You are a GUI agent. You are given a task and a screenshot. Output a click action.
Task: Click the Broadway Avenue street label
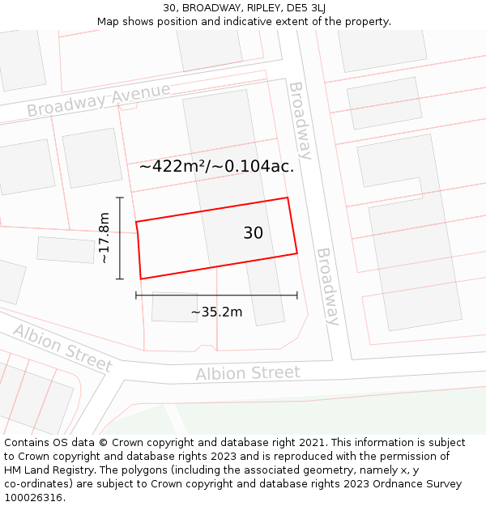coord(98,99)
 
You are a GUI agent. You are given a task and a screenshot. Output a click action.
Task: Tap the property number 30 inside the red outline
coord(253,233)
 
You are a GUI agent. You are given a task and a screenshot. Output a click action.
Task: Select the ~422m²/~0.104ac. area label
coord(216,167)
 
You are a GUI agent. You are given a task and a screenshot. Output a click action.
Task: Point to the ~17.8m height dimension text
coord(104,238)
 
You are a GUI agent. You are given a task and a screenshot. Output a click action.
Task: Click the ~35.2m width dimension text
coord(216,312)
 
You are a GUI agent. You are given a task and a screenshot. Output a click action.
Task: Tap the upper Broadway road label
coord(300,120)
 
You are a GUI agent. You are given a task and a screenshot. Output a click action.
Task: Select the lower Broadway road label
coord(327,286)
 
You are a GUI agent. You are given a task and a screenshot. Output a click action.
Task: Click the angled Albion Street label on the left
coord(62,347)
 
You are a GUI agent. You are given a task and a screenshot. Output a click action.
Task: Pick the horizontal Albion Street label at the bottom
coord(248,373)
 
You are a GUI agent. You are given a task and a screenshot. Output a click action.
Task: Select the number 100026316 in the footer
coord(33,497)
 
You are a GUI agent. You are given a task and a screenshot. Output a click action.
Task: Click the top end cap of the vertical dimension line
coord(120,198)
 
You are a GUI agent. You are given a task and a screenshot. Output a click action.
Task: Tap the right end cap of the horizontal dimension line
coord(297,296)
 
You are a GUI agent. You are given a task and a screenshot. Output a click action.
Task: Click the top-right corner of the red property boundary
coord(288,198)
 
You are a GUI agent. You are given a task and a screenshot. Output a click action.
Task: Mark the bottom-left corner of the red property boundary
coord(141,279)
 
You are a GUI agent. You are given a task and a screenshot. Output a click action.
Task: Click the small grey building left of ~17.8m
coord(66,249)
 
